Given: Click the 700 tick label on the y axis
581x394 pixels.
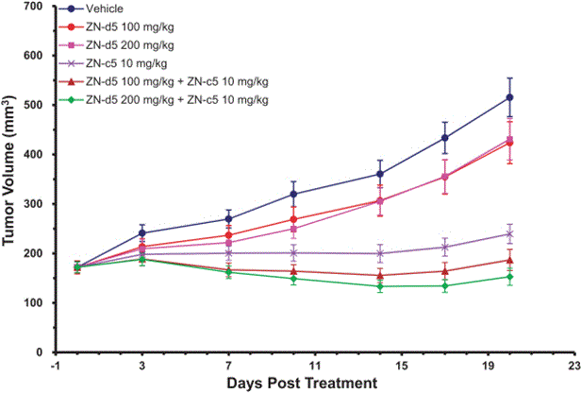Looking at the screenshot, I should pyautogui.click(x=35, y=7).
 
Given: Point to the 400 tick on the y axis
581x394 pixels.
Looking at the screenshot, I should pyautogui.click(x=35, y=155).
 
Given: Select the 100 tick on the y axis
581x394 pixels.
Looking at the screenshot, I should pyautogui.click(x=35, y=303).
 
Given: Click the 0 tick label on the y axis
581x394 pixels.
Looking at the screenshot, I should pyautogui.click(x=43, y=352).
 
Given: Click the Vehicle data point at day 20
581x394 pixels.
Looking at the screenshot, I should pyautogui.click(x=510, y=97).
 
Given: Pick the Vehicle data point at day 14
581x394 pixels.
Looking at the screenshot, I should pyautogui.click(x=380, y=174).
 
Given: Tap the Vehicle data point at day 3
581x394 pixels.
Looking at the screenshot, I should pyautogui.click(x=142, y=233).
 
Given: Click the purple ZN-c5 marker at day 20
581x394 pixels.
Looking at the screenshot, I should pyautogui.click(x=510, y=233).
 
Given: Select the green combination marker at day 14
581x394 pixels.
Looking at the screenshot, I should pyautogui.click(x=380, y=286).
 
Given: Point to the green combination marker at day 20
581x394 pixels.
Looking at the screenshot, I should pyautogui.click(x=510, y=277).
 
